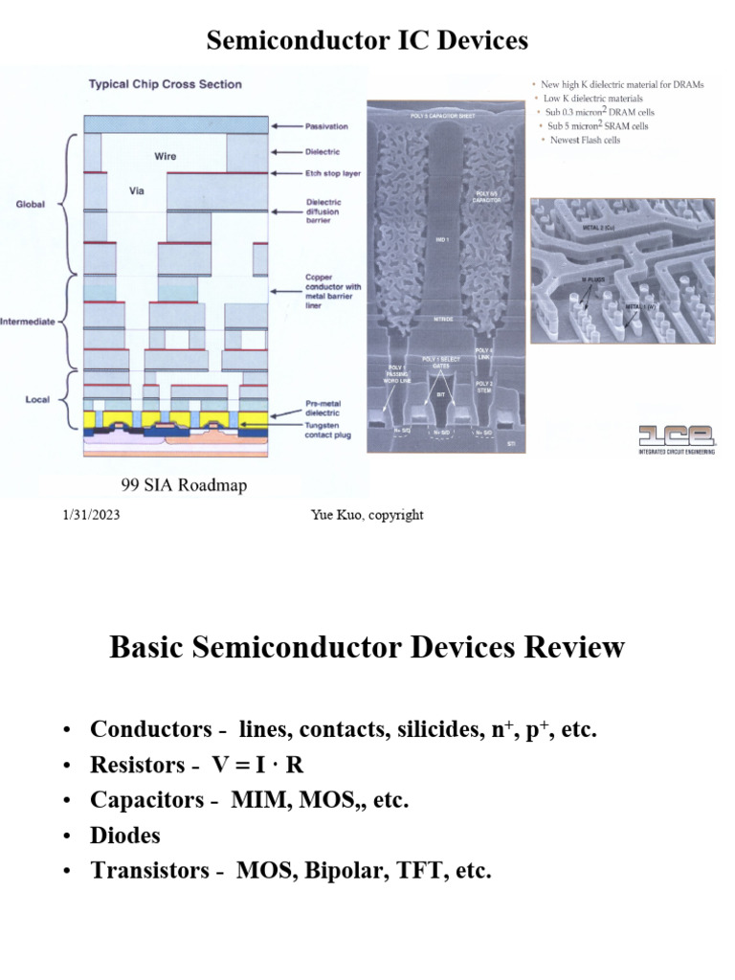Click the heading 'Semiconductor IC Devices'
[367, 40]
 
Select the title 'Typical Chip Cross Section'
[166, 84]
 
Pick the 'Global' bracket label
[30, 204]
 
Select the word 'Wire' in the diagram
[165, 155]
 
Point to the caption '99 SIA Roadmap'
[184, 485]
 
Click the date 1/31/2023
[86, 515]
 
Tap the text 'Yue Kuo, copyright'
[367, 515]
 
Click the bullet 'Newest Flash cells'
[585, 140]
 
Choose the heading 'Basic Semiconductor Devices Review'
[367, 648]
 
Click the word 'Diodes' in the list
[125, 835]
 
